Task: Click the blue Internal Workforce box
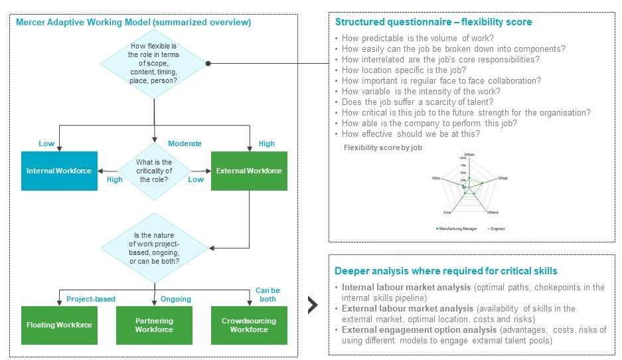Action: (59, 171)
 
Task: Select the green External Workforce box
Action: (249, 171)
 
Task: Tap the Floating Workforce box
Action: (59, 325)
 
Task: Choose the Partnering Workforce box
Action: (154, 325)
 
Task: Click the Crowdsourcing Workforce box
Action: (249, 325)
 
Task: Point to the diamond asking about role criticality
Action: (153, 171)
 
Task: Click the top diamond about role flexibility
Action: (153, 64)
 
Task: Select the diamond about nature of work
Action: (153, 246)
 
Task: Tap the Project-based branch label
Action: (92, 299)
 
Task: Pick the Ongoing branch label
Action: (176, 299)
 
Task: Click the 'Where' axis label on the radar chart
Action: (492, 213)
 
